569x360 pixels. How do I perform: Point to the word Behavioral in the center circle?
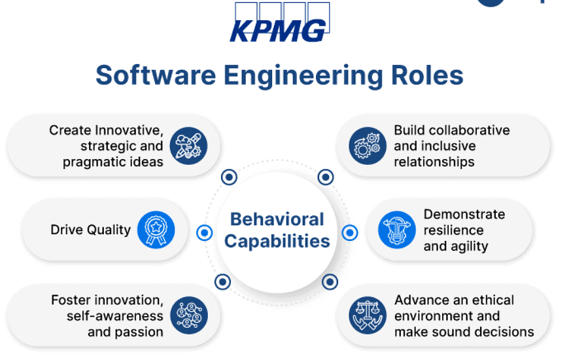pyautogui.click(x=277, y=219)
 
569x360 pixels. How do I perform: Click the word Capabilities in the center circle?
pyautogui.click(x=277, y=241)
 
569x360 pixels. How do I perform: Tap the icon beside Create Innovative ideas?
pyautogui.click(x=188, y=145)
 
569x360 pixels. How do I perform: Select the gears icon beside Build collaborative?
pyautogui.click(x=366, y=145)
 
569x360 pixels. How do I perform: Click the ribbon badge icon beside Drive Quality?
pyautogui.click(x=156, y=230)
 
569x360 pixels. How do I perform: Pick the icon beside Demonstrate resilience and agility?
pyautogui.click(x=397, y=230)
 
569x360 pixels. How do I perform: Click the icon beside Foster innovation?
pyautogui.click(x=188, y=315)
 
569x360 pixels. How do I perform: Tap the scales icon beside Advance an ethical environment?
pyautogui.click(x=366, y=315)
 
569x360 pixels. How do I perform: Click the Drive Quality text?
pyautogui.click(x=90, y=230)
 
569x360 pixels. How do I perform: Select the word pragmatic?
pyautogui.click(x=92, y=162)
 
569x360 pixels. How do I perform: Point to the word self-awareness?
pyautogui.click(x=114, y=315)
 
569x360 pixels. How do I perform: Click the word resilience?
pyautogui.click(x=453, y=230)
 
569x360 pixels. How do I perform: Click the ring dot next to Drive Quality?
pyautogui.click(x=204, y=232)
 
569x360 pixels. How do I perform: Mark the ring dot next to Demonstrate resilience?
pyautogui.click(x=350, y=232)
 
